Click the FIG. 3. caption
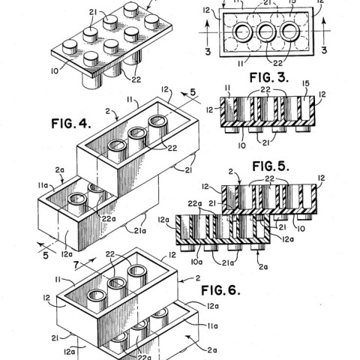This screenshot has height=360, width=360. pos(269,77)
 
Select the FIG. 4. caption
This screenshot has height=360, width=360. pos(71,124)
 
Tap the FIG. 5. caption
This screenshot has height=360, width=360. pos(271,166)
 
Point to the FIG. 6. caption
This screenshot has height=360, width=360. pos(220,290)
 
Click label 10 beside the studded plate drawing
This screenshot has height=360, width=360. pos(55,71)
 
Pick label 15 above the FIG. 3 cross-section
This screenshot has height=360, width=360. pos(306,83)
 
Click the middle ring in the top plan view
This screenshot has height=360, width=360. pos(266,31)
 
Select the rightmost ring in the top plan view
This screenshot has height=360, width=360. pos(289,31)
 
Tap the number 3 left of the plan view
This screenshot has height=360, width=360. pos(208,51)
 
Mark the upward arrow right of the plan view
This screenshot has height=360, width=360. pos(324,31)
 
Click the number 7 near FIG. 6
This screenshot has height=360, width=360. pos(77,265)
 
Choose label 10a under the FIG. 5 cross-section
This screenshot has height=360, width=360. pos(196,262)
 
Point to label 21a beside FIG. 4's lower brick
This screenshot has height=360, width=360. pos(140,231)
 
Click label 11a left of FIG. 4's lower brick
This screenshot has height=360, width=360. pos(43,185)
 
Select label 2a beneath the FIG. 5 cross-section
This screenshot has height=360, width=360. pos(263,267)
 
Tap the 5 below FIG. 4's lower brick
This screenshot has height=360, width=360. pos(46,256)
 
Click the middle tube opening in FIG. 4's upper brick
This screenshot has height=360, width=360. pos(137,133)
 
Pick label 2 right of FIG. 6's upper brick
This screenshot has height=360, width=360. pos(198,278)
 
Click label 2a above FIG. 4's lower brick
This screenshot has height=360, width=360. pos(60,170)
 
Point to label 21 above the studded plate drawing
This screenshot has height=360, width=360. pos(93,12)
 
